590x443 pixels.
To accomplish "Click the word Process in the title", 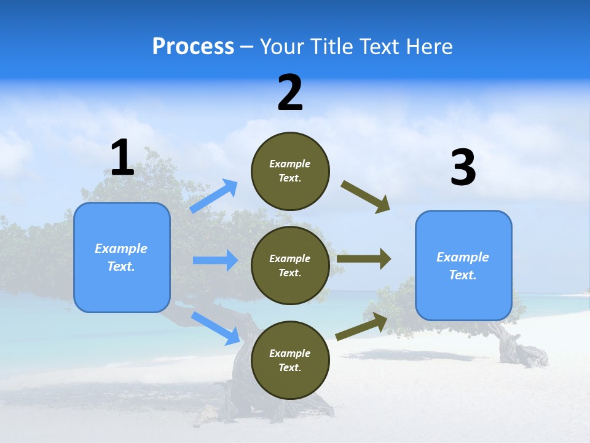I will pos(193,46).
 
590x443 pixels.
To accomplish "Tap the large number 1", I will pos(122,158).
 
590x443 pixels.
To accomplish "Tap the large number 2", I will pos(290,93).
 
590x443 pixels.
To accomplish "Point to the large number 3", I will pos(463,168).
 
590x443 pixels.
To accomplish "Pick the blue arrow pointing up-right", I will pos(214,196).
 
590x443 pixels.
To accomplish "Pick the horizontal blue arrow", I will pos(215,260).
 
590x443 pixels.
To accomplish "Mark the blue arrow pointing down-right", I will pos(215,327).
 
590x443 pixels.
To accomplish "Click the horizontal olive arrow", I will pos(363,259).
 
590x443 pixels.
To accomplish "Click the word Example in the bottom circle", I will pos(289,353).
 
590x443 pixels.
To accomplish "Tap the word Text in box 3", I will pos(462,275).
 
